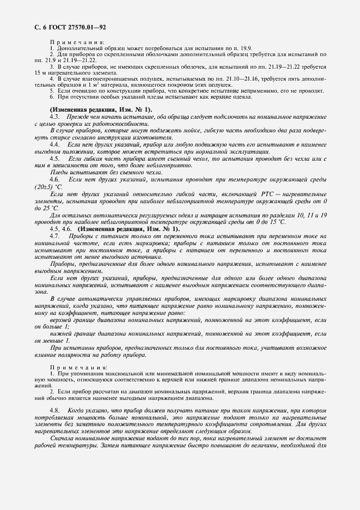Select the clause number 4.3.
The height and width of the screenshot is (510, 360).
(x=54, y=117)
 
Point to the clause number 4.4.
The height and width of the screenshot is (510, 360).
(x=54, y=146)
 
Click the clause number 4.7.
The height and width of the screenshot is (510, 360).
(x=54, y=236)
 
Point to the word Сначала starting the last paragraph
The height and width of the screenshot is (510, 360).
(x=63, y=439)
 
